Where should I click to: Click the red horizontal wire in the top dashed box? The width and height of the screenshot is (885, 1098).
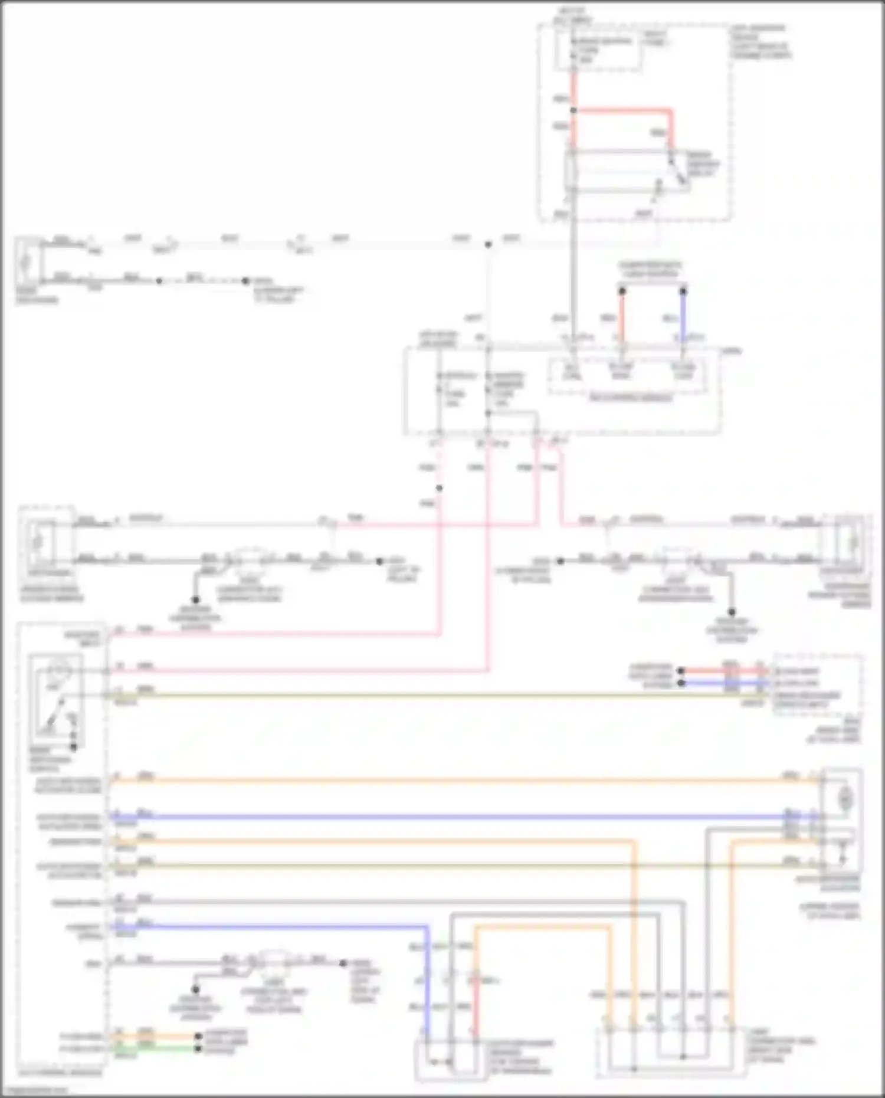622,110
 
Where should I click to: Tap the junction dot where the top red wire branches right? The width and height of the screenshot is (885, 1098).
573,110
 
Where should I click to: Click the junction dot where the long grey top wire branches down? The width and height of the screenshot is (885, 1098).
488,244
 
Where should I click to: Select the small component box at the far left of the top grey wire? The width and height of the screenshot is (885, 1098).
28,262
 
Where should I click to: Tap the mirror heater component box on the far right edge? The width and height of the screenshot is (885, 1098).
847,542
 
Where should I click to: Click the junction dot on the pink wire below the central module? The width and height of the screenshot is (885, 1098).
440,488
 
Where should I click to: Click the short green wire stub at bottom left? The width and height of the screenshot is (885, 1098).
171,1048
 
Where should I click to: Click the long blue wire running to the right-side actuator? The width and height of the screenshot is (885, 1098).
460,817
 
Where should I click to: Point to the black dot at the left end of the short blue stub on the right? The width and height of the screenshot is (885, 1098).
681,683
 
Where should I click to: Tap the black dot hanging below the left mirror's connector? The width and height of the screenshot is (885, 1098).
195,599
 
